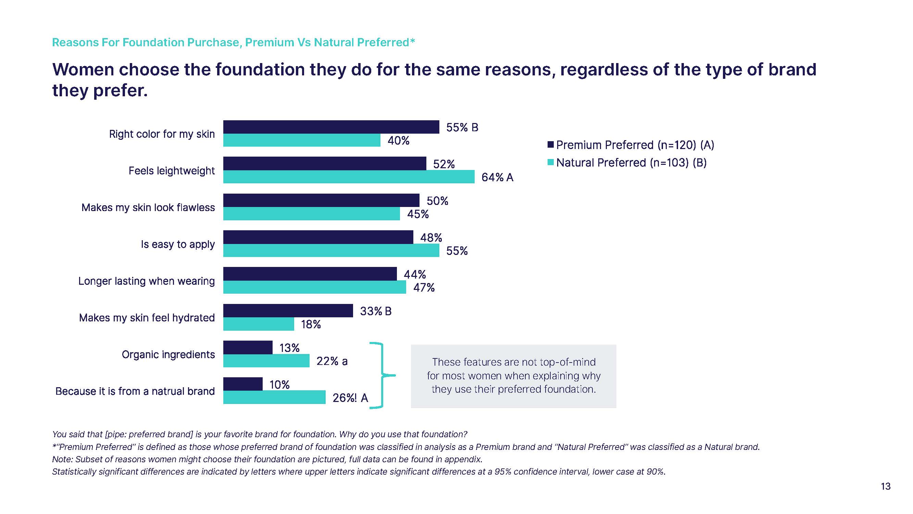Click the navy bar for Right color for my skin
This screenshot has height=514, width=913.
[331, 127]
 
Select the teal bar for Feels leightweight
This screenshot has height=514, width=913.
[349, 177]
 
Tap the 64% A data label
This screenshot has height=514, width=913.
[497, 178]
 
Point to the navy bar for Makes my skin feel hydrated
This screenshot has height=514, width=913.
[288, 311]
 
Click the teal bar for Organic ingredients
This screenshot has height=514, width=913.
[266, 361]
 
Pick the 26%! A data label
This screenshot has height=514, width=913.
[350, 398]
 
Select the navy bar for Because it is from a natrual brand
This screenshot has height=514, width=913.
[243, 384]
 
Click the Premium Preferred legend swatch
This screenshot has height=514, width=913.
[550, 144]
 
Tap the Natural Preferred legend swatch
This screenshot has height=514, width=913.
[550, 162]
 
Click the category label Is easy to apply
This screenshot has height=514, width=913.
[178, 244]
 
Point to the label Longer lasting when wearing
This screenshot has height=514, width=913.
[146, 281]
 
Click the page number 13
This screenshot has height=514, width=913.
[885, 486]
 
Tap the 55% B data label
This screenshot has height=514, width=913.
[462, 127]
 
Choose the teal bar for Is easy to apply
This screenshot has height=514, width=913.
[331, 250]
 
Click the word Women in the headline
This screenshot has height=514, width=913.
[83, 70]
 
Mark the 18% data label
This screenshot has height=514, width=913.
[311, 324]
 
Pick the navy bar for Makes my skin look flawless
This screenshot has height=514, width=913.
[321, 200]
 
